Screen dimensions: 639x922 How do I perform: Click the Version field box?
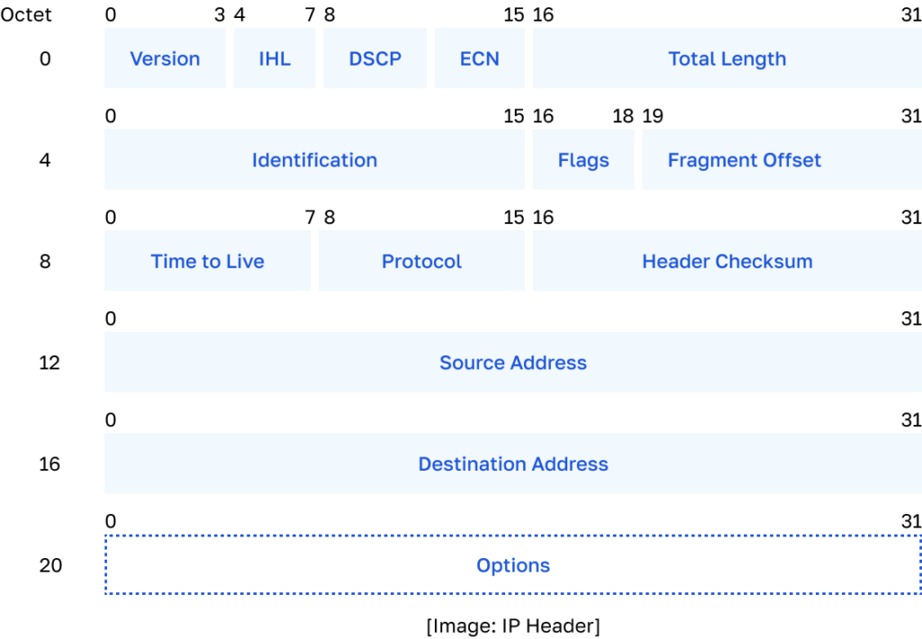[x=165, y=58]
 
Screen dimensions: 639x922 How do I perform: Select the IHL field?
[x=275, y=58]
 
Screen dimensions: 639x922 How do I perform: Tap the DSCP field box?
[x=375, y=58]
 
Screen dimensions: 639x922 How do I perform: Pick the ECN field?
[x=479, y=58]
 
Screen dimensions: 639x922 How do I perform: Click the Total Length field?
[x=727, y=58]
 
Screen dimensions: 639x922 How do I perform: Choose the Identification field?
[x=314, y=160]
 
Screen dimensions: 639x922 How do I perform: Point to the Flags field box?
[x=583, y=160]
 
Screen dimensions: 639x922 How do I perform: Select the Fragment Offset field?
[x=745, y=160]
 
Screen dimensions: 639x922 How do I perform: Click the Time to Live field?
[x=208, y=261]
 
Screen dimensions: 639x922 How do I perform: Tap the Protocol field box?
[x=421, y=261]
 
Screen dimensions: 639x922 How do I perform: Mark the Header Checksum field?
[x=727, y=261]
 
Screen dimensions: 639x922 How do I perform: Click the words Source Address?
[x=513, y=363]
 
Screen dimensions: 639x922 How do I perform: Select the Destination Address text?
[x=513, y=464]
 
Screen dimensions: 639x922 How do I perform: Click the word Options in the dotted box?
[x=513, y=565]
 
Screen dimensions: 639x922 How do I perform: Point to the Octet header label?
[x=27, y=15]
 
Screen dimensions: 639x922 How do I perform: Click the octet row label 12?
[x=49, y=363]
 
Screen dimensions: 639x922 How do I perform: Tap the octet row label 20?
[x=50, y=565]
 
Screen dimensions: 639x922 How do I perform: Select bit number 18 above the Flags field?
[x=623, y=116]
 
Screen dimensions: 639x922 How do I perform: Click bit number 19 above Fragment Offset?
[x=653, y=116]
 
